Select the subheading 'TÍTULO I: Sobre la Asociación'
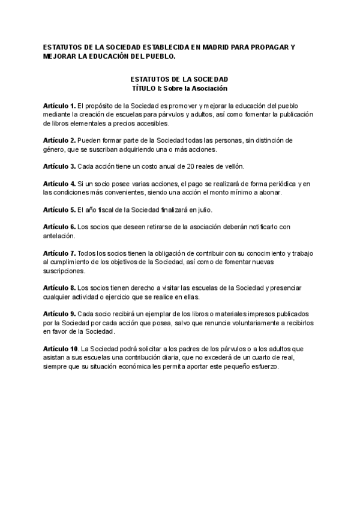click(x=179, y=88)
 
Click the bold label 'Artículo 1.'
click(x=59, y=106)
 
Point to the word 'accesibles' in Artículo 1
click(x=152, y=124)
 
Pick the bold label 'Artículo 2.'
click(x=59, y=140)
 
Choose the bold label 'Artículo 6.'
click(x=59, y=227)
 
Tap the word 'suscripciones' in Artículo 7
click(x=64, y=271)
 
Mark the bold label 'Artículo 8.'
click(x=59, y=288)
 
